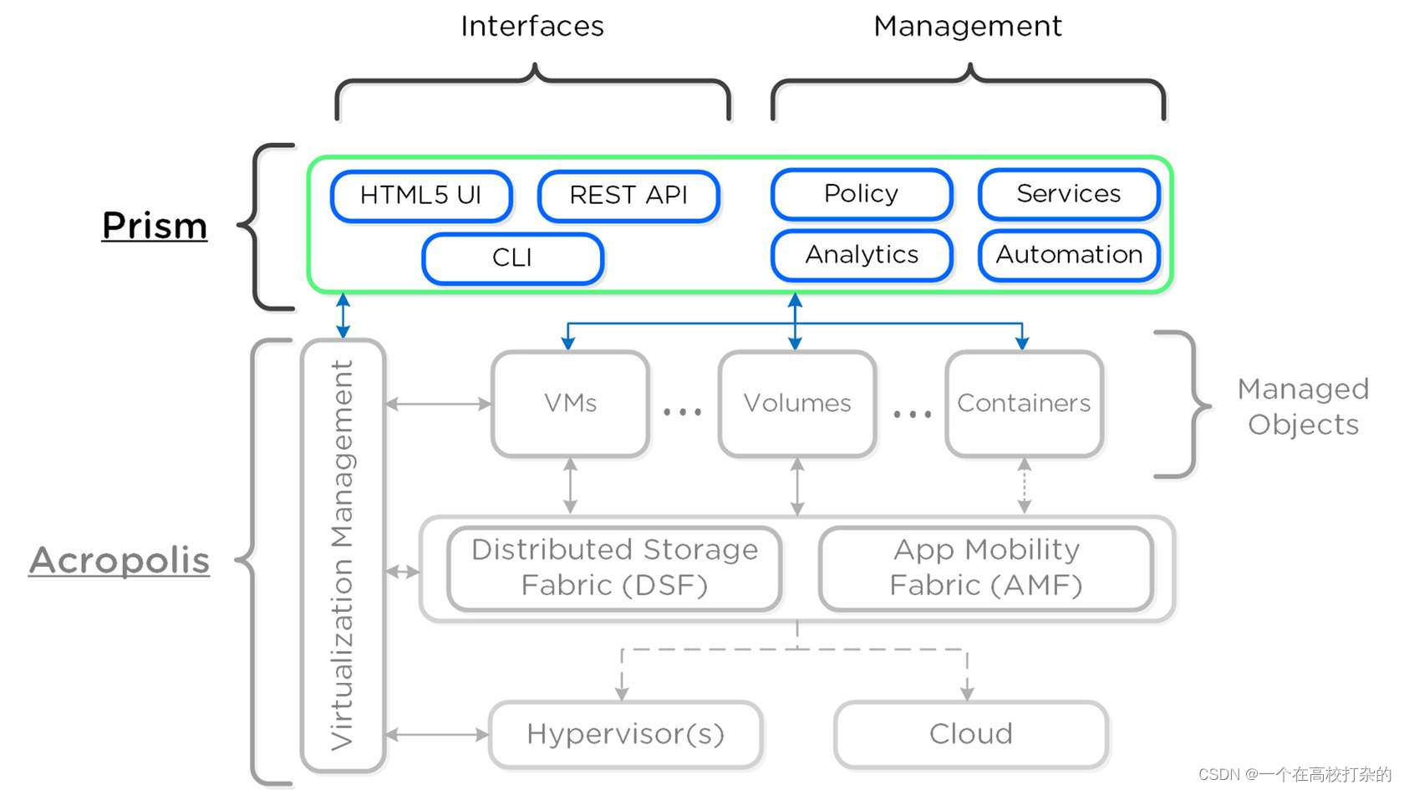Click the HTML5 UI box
point(421,196)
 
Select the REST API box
point(628,196)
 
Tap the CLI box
point(512,258)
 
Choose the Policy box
point(862,194)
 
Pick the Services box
point(1069,194)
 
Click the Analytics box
point(862,255)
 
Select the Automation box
point(1069,255)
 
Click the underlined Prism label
point(155,226)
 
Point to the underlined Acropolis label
point(120,560)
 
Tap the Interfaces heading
point(532,27)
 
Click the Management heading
point(968,27)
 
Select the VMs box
point(571,404)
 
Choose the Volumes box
point(797,404)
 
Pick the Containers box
point(1024,404)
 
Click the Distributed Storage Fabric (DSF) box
point(614,568)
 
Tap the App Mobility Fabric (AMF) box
point(986,568)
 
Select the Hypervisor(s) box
point(625,734)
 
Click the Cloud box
point(971,734)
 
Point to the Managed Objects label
point(1303,406)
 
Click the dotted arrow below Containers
point(1025,486)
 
